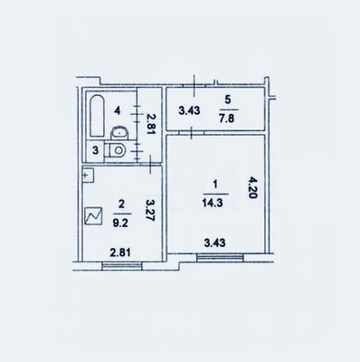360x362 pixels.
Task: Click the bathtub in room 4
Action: coord(97,116)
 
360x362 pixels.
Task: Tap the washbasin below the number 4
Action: coord(119,133)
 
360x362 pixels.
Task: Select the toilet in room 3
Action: coord(115,150)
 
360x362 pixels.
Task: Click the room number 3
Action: coord(95,150)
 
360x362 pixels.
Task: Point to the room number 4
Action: coord(117,110)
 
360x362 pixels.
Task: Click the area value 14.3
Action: coord(213,203)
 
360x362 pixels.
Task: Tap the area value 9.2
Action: coord(121,223)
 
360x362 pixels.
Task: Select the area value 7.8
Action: coord(227,119)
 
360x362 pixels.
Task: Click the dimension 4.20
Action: coord(252,187)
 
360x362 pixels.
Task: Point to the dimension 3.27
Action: coord(150,210)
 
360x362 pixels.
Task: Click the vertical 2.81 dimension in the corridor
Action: coord(150,123)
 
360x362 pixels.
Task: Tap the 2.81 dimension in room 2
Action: coord(120,252)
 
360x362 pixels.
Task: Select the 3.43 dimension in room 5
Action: coord(189,110)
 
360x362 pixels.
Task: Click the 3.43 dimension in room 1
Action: coord(215,243)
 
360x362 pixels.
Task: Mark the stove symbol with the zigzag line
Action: coord(93,216)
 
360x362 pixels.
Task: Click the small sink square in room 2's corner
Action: coord(89,176)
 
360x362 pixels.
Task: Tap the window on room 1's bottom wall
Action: coord(220,257)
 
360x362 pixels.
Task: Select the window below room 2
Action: coord(122,266)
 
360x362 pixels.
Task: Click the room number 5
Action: coord(228,100)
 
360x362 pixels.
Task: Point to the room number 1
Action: coord(215,184)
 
